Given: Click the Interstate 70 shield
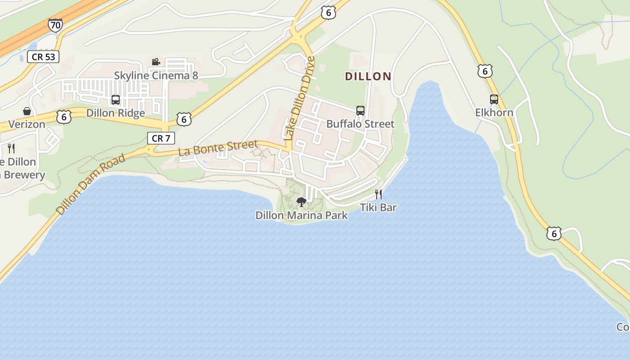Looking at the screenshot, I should pyautogui.click(x=55, y=25).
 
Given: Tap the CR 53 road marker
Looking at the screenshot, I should pyautogui.click(x=43, y=57).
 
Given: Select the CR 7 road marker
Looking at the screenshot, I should pyautogui.click(x=161, y=138).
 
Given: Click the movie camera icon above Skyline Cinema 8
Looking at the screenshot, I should pyautogui.click(x=156, y=62).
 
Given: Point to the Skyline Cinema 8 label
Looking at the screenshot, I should pyautogui.click(x=156, y=75).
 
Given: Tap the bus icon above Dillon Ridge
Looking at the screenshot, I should pyautogui.click(x=116, y=100).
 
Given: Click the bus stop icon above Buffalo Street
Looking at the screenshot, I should pyautogui.click(x=360, y=111).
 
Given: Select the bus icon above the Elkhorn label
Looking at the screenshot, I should pyautogui.click(x=494, y=99).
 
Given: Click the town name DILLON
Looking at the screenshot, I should pyautogui.click(x=368, y=76).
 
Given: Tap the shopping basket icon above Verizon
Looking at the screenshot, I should pyautogui.click(x=27, y=111).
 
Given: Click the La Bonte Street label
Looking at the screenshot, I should pyautogui.click(x=218, y=148).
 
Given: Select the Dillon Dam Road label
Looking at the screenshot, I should pyautogui.click(x=90, y=184).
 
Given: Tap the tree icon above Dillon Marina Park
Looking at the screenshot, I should pyautogui.click(x=301, y=202).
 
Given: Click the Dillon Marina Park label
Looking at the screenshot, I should pyautogui.click(x=301, y=216).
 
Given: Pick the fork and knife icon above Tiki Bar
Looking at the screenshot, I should pyautogui.click(x=378, y=194).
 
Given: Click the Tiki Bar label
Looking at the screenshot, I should pyautogui.click(x=378, y=207).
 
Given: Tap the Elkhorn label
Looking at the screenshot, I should pyautogui.click(x=494, y=112).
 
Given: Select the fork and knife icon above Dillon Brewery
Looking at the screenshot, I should pyautogui.click(x=11, y=148).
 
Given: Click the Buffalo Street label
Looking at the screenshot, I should pyautogui.click(x=360, y=124).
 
